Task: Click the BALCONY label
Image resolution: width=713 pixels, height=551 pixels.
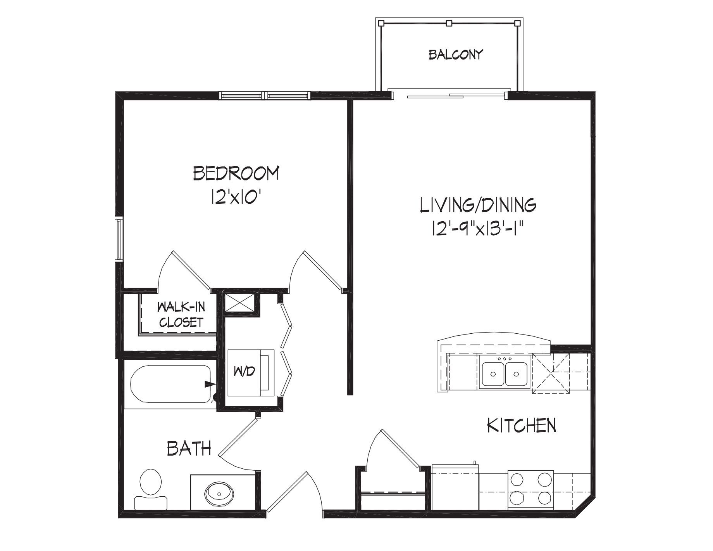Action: coord(456,54)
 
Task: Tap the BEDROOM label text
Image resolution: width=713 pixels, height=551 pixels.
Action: coord(236,173)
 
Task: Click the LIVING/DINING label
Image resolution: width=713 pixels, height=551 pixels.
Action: coord(478,205)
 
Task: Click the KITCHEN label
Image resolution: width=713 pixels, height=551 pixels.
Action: coord(521,426)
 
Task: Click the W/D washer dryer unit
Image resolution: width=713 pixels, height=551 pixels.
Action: coord(251,373)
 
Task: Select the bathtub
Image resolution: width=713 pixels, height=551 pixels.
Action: coord(171,384)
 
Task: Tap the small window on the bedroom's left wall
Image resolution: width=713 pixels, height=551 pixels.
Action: coord(119,238)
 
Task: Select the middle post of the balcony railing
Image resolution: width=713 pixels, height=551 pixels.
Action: coord(449,23)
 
